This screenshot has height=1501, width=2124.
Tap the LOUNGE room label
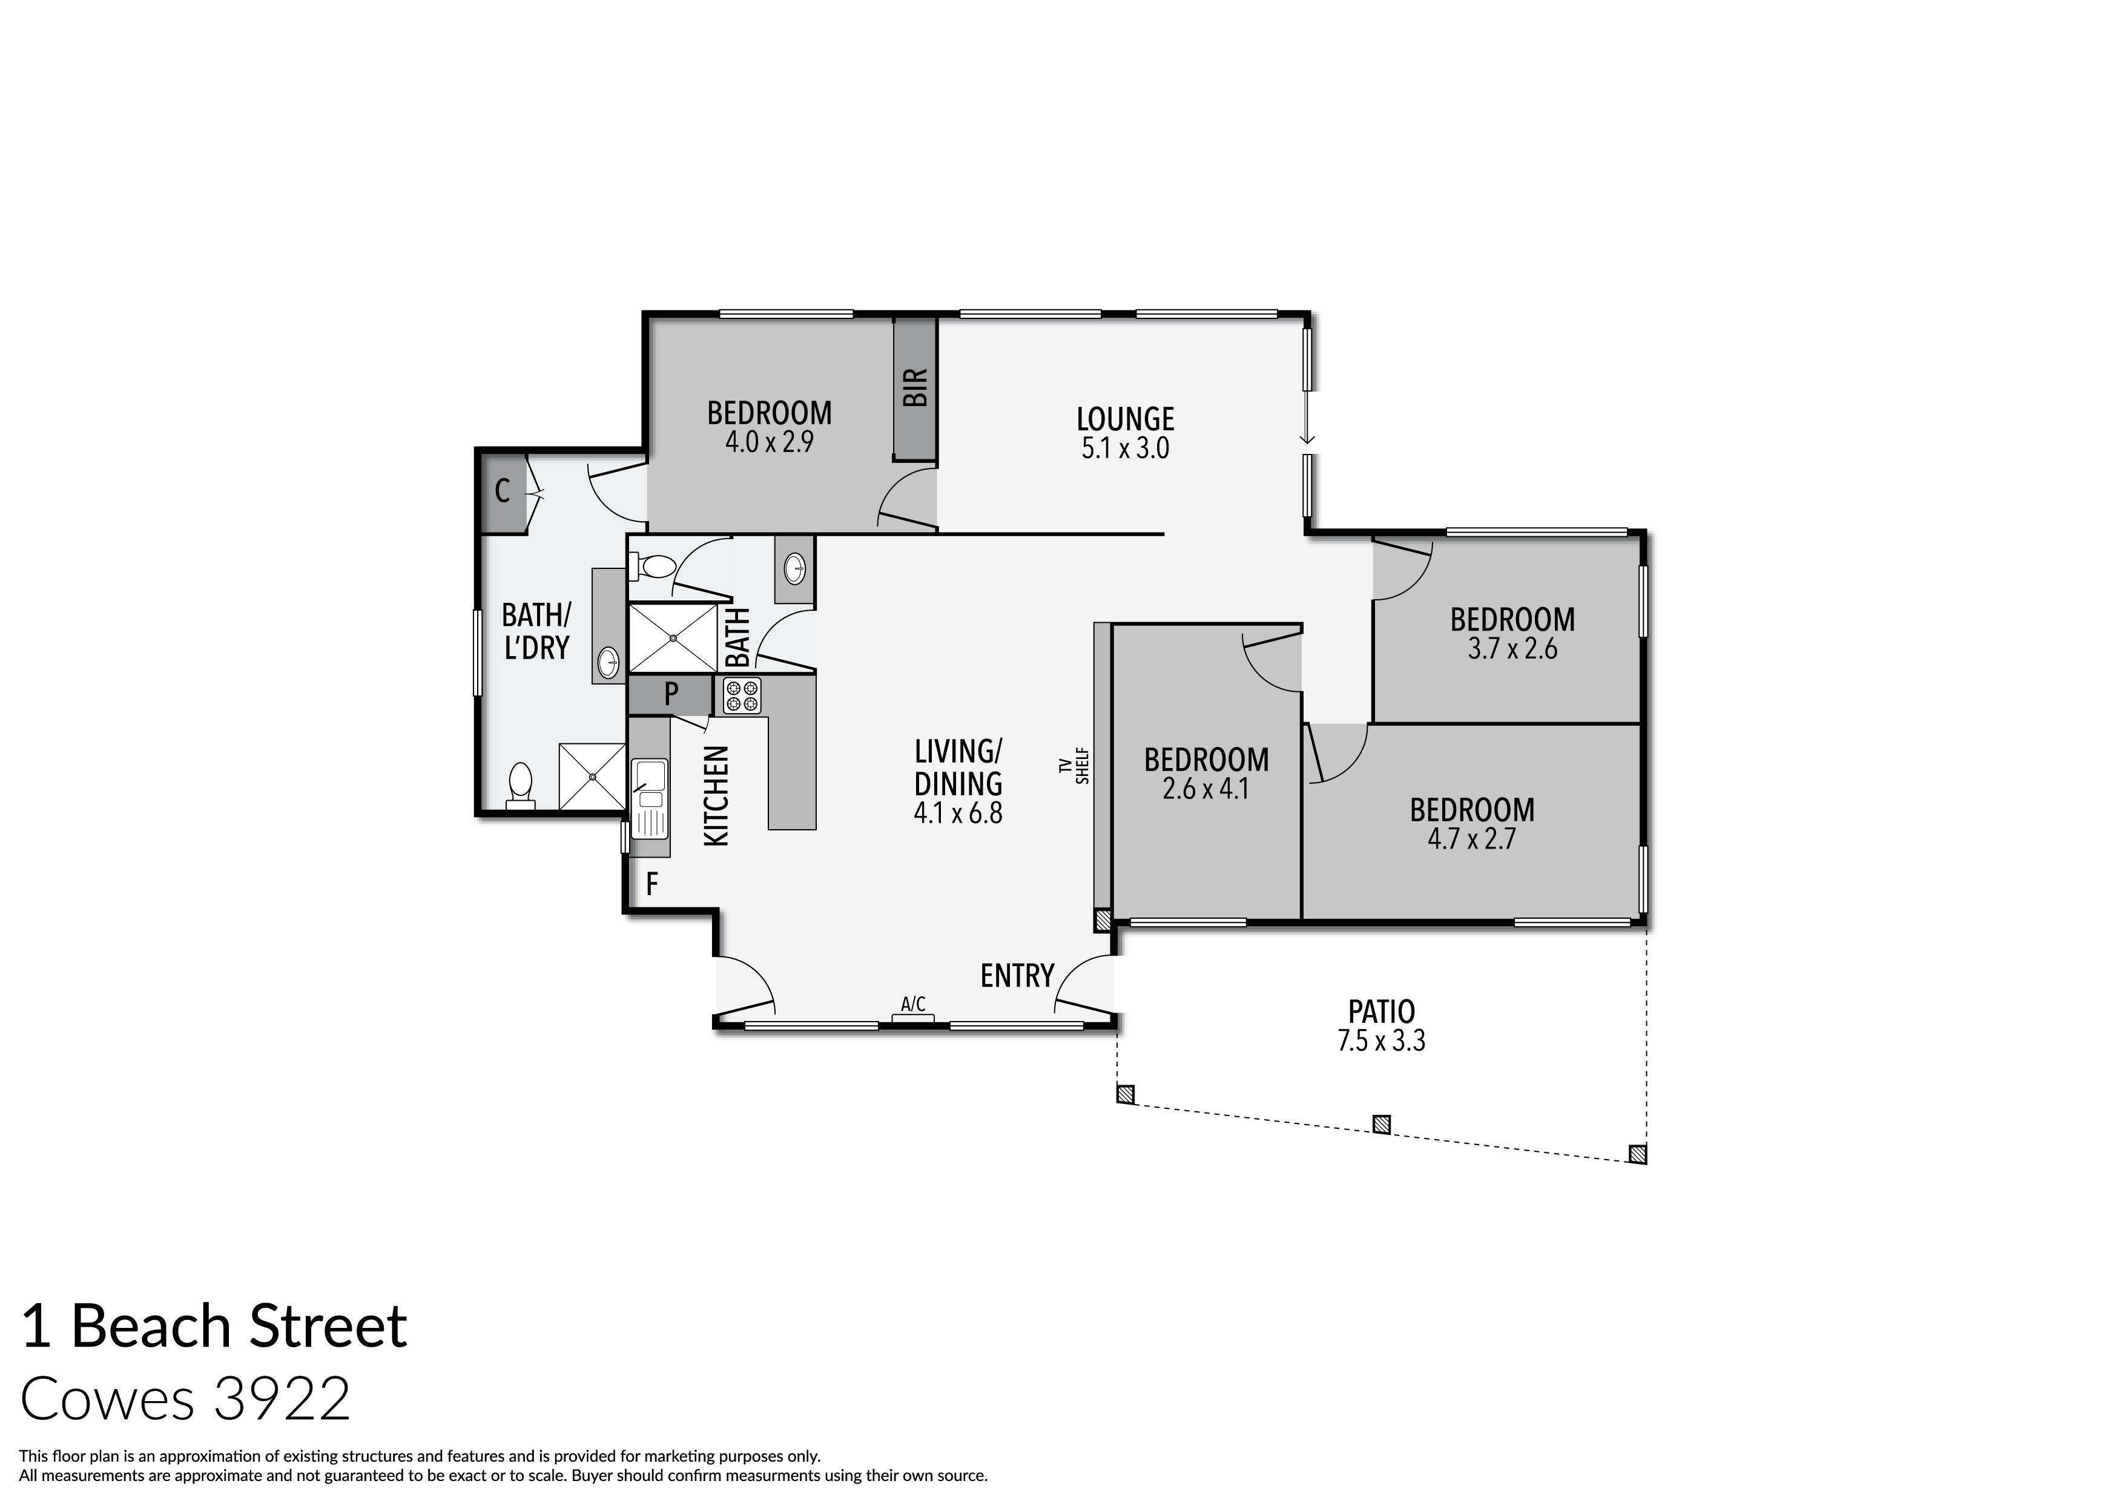pos(1125,419)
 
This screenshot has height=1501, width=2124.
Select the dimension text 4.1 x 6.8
pos(957,813)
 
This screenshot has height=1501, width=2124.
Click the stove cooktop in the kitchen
pos(742,697)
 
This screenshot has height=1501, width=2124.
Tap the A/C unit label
pos(913,1003)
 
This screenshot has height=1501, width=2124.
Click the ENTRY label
pos(1017,976)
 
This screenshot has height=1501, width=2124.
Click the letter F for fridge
pos(651,885)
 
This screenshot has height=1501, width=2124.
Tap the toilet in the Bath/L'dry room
pos(521,786)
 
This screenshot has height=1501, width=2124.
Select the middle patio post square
pos(1380,1125)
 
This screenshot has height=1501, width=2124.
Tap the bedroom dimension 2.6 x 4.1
pos(1205,789)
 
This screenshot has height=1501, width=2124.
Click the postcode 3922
pos(282,1398)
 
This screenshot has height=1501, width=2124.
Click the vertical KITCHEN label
pos(717,795)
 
